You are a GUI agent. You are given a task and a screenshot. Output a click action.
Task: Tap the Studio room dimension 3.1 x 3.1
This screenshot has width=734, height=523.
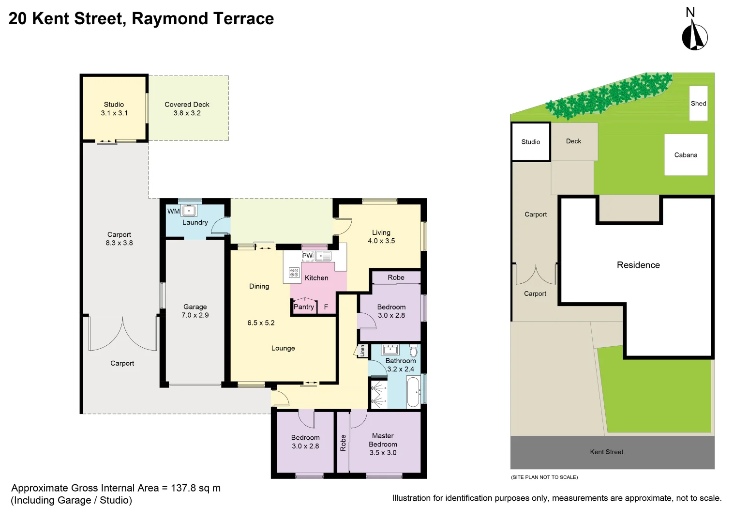click(114, 113)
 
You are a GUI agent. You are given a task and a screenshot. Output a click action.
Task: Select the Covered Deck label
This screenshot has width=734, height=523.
click(187, 104)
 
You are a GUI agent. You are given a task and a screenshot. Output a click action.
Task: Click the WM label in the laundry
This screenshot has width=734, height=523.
click(173, 211)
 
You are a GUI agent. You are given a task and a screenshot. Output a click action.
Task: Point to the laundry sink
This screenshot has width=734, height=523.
click(189, 211)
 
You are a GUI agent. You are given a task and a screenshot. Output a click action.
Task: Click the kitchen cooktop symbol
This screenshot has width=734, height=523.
click(294, 273)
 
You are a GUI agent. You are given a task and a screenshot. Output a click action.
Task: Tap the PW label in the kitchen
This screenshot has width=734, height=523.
click(307, 255)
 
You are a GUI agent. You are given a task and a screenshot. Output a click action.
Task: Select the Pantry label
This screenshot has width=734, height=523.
click(304, 307)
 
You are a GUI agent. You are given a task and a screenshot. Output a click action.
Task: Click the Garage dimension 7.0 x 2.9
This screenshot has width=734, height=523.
click(195, 315)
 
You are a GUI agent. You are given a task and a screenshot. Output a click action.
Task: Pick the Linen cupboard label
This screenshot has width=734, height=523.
click(362, 351)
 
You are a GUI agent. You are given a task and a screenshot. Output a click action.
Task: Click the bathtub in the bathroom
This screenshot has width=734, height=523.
click(413, 392)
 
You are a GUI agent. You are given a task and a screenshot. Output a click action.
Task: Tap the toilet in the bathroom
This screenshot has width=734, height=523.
click(413, 351)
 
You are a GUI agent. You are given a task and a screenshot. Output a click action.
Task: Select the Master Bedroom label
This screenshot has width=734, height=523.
click(383, 440)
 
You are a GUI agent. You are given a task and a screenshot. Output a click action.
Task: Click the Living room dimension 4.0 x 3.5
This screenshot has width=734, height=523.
click(381, 241)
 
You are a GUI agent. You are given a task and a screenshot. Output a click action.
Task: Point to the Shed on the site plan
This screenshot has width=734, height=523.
click(698, 103)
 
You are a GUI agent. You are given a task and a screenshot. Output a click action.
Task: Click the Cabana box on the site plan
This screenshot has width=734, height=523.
click(686, 155)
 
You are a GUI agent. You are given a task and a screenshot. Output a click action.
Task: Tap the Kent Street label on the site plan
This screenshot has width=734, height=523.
click(606, 452)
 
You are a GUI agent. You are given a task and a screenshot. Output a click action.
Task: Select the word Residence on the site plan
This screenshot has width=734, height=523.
click(638, 265)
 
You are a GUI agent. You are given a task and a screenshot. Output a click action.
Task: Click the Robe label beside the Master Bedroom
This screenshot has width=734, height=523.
click(343, 443)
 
